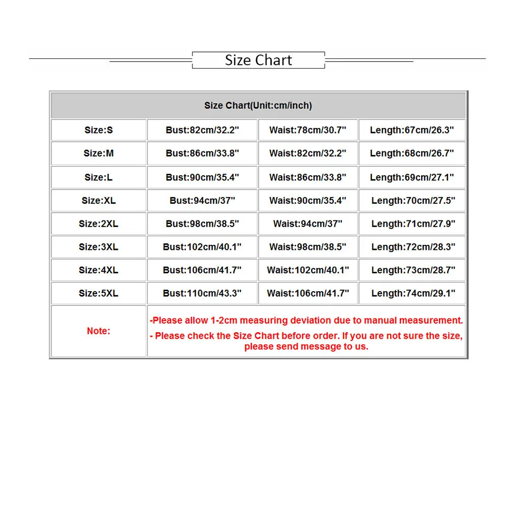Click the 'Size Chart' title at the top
[x=259, y=60]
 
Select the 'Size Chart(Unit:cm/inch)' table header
[x=258, y=106]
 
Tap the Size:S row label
[x=99, y=130]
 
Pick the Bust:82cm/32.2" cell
[x=202, y=130]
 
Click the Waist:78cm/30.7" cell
[x=308, y=130]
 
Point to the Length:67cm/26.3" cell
[x=412, y=130]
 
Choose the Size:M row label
[x=99, y=153]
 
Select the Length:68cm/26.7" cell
[x=412, y=153]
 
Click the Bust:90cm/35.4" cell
[x=202, y=177]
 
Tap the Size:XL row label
[x=99, y=201]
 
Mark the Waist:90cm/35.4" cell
[x=308, y=201]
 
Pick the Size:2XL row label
[x=99, y=224]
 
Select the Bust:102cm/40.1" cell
[x=202, y=247]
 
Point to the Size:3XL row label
[x=99, y=247]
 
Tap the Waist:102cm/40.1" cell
[x=308, y=270]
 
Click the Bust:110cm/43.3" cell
[x=202, y=293]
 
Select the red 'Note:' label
[x=99, y=331]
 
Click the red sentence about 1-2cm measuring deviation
[x=306, y=320]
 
